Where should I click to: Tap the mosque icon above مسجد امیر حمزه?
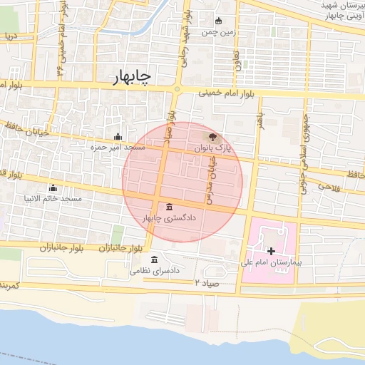(118, 138)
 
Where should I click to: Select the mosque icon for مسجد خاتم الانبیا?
(53, 188)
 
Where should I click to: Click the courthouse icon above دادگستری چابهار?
(169, 207)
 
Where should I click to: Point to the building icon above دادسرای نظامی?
(154, 260)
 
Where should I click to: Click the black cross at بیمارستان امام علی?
(271, 251)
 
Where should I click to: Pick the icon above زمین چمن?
(218, 21)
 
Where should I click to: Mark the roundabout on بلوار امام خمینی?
(176, 89)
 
